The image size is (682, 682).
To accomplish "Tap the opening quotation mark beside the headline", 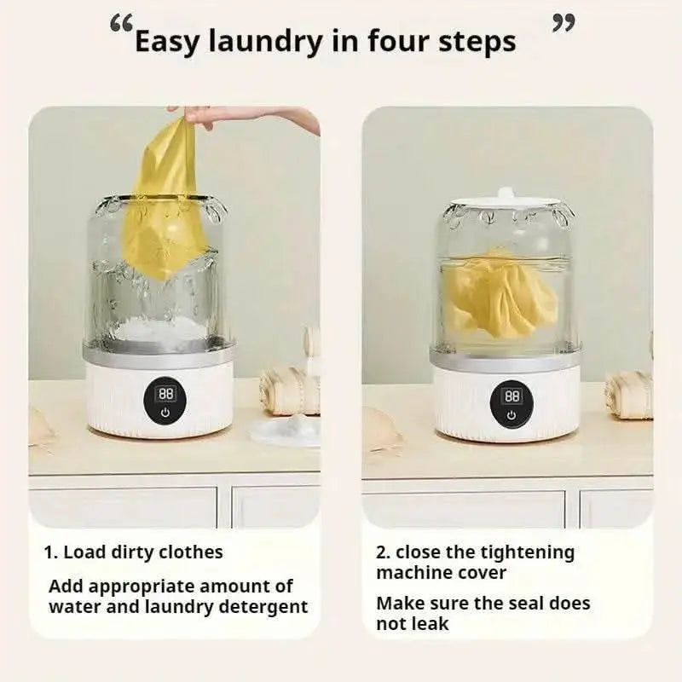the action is pyautogui.click(x=120, y=25).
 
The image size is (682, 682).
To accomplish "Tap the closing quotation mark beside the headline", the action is pyautogui.click(x=564, y=23).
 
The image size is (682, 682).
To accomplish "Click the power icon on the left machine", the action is pyautogui.click(x=165, y=413).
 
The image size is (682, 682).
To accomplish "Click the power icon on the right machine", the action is pyautogui.click(x=511, y=415).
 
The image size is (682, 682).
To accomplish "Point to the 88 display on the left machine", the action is pyautogui.click(x=165, y=394).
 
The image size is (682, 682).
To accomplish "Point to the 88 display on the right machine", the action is pyautogui.click(x=512, y=396).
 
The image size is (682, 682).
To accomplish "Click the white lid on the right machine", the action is pyautogui.click(x=505, y=199).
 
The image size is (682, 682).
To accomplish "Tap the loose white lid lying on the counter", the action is pyautogui.click(x=287, y=431).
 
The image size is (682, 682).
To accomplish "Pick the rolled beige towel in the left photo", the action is pyautogui.click(x=289, y=390).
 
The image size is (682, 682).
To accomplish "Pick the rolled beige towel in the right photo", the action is pyautogui.click(x=629, y=395).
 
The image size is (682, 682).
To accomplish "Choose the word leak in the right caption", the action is pyautogui.click(x=431, y=624).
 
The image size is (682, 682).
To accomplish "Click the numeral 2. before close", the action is pyautogui.click(x=383, y=552).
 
